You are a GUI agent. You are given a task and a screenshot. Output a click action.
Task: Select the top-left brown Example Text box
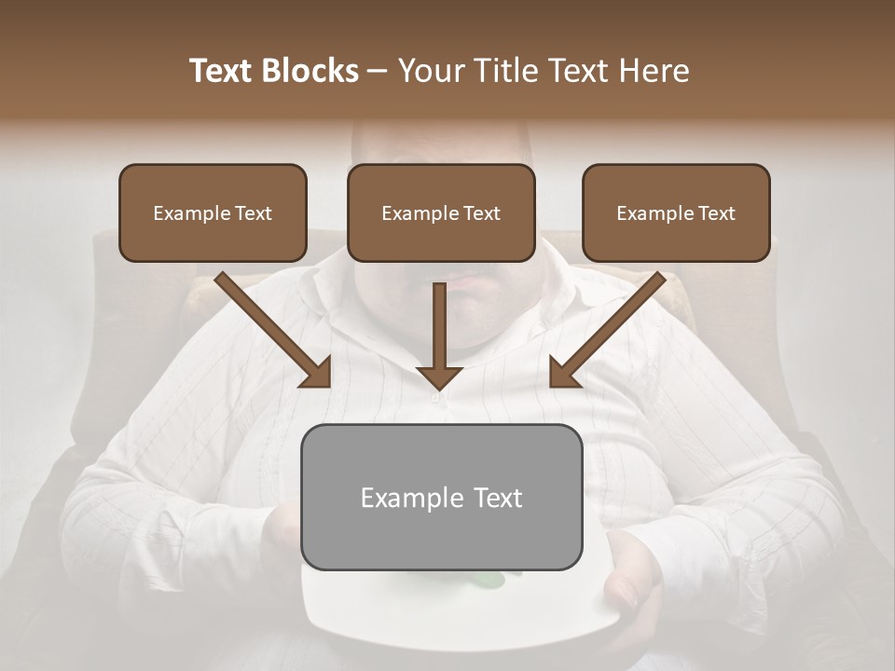[213, 212]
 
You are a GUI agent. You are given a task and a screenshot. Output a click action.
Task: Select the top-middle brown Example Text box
[441, 212]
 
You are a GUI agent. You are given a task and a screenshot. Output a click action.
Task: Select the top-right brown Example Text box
[676, 212]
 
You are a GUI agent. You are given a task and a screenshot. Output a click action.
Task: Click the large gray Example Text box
[441, 497]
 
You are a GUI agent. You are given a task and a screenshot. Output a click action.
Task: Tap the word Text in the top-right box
[717, 213]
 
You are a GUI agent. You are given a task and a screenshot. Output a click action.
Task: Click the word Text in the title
[223, 71]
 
